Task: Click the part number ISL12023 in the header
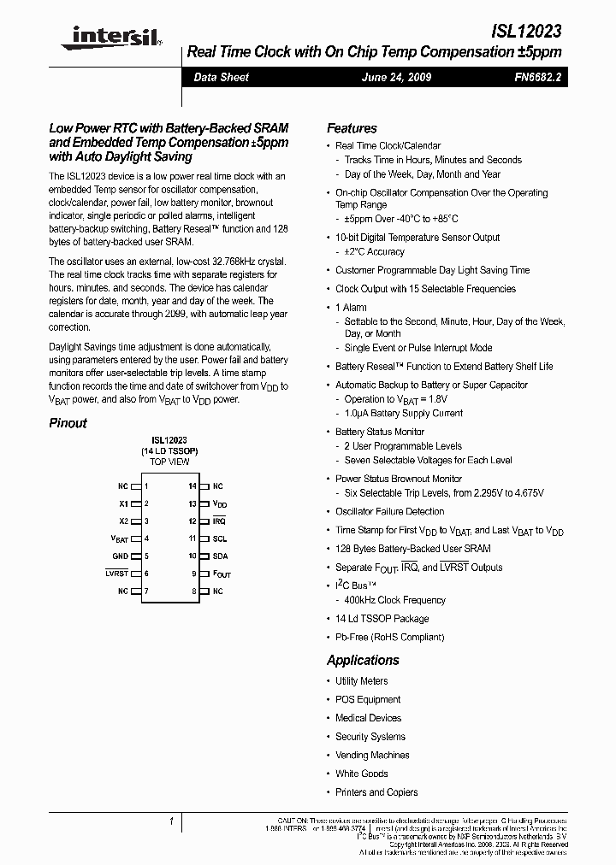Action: click(x=526, y=32)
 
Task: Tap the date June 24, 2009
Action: click(x=397, y=77)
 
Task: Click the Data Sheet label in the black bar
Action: click(x=221, y=77)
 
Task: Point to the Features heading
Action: click(x=352, y=128)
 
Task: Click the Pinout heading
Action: click(x=68, y=423)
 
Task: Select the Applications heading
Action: click(x=363, y=660)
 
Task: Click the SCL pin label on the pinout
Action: click(x=220, y=538)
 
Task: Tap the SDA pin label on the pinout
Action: click(x=220, y=556)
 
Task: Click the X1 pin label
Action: click(x=123, y=503)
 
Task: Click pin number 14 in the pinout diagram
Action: click(x=192, y=485)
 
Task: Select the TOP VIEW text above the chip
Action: click(x=169, y=462)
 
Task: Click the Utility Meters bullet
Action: click(x=361, y=681)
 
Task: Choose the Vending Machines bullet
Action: click(x=371, y=755)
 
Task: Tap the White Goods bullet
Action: click(x=361, y=774)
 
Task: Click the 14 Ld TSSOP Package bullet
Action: click(x=382, y=618)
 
